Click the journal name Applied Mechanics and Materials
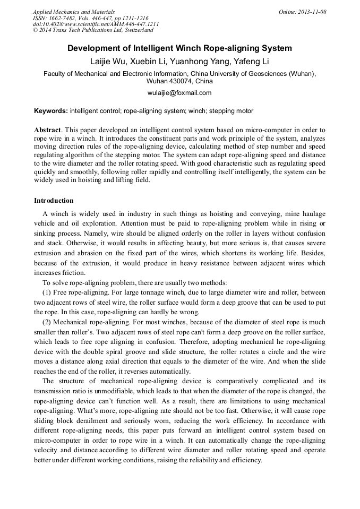[x=73, y=12]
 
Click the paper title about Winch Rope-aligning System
[x=179, y=48]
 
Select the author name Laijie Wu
[x=108, y=62]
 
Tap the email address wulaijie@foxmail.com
[x=179, y=93]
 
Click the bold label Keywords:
[x=51, y=111]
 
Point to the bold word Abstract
[x=47, y=130]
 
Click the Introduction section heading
[x=54, y=201]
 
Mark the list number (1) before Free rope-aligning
[x=47, y=292]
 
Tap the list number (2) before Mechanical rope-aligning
[x=47, y=322]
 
